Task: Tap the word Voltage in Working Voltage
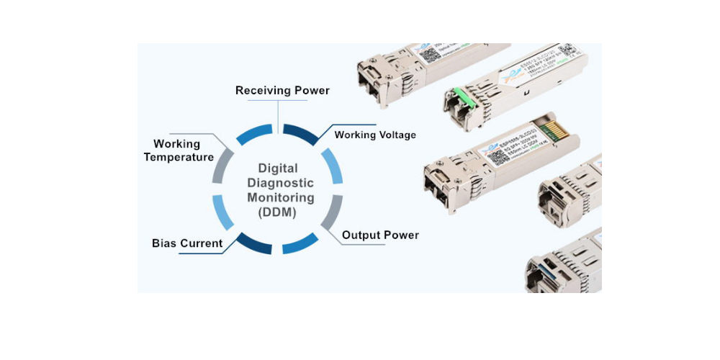tap(397, 135)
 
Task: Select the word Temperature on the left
tap(179, 157)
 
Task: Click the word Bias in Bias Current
tap(164, 243)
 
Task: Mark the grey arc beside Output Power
tap(331, 214)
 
